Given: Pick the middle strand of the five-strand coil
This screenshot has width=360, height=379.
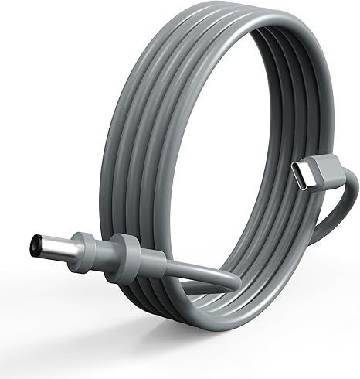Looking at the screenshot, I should (x=155, y=116).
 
